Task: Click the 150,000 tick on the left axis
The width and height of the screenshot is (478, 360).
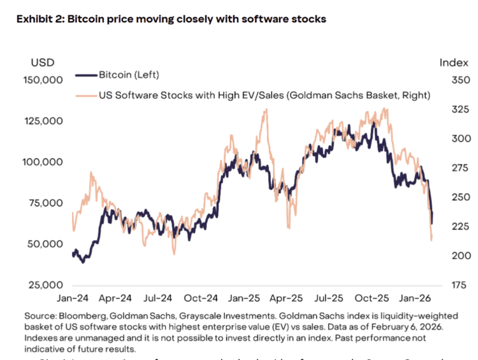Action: point(43,80)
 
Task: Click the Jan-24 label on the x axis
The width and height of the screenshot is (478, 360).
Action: point(73,298)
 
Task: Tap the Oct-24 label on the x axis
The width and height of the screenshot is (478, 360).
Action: point(202,298)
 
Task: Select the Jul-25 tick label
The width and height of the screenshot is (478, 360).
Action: point(330,298)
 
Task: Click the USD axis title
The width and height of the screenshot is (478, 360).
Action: point(43,62)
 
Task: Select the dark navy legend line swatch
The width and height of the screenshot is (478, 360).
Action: point(86,75)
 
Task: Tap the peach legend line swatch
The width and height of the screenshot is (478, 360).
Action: point(86,96)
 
